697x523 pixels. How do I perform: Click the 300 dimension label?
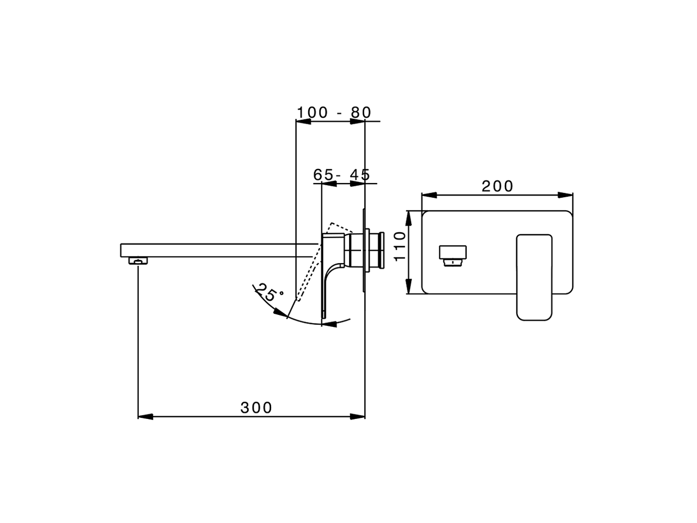click(256, 408)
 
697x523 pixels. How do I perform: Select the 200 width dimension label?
click(497, 186)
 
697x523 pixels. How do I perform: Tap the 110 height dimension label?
click(400, 246)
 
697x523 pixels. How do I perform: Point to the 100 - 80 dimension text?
click(334, 112)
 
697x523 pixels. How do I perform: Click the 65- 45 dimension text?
click(341, 175)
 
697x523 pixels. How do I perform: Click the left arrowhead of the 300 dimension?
click(145, 417)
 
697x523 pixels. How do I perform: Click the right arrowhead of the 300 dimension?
click(358, 417)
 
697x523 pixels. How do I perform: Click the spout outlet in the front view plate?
click(453, 256)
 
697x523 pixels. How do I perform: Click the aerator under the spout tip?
click(139, 261)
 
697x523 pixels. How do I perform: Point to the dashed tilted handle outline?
click(316, 261)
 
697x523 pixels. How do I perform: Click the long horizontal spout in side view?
click(218, 251)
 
